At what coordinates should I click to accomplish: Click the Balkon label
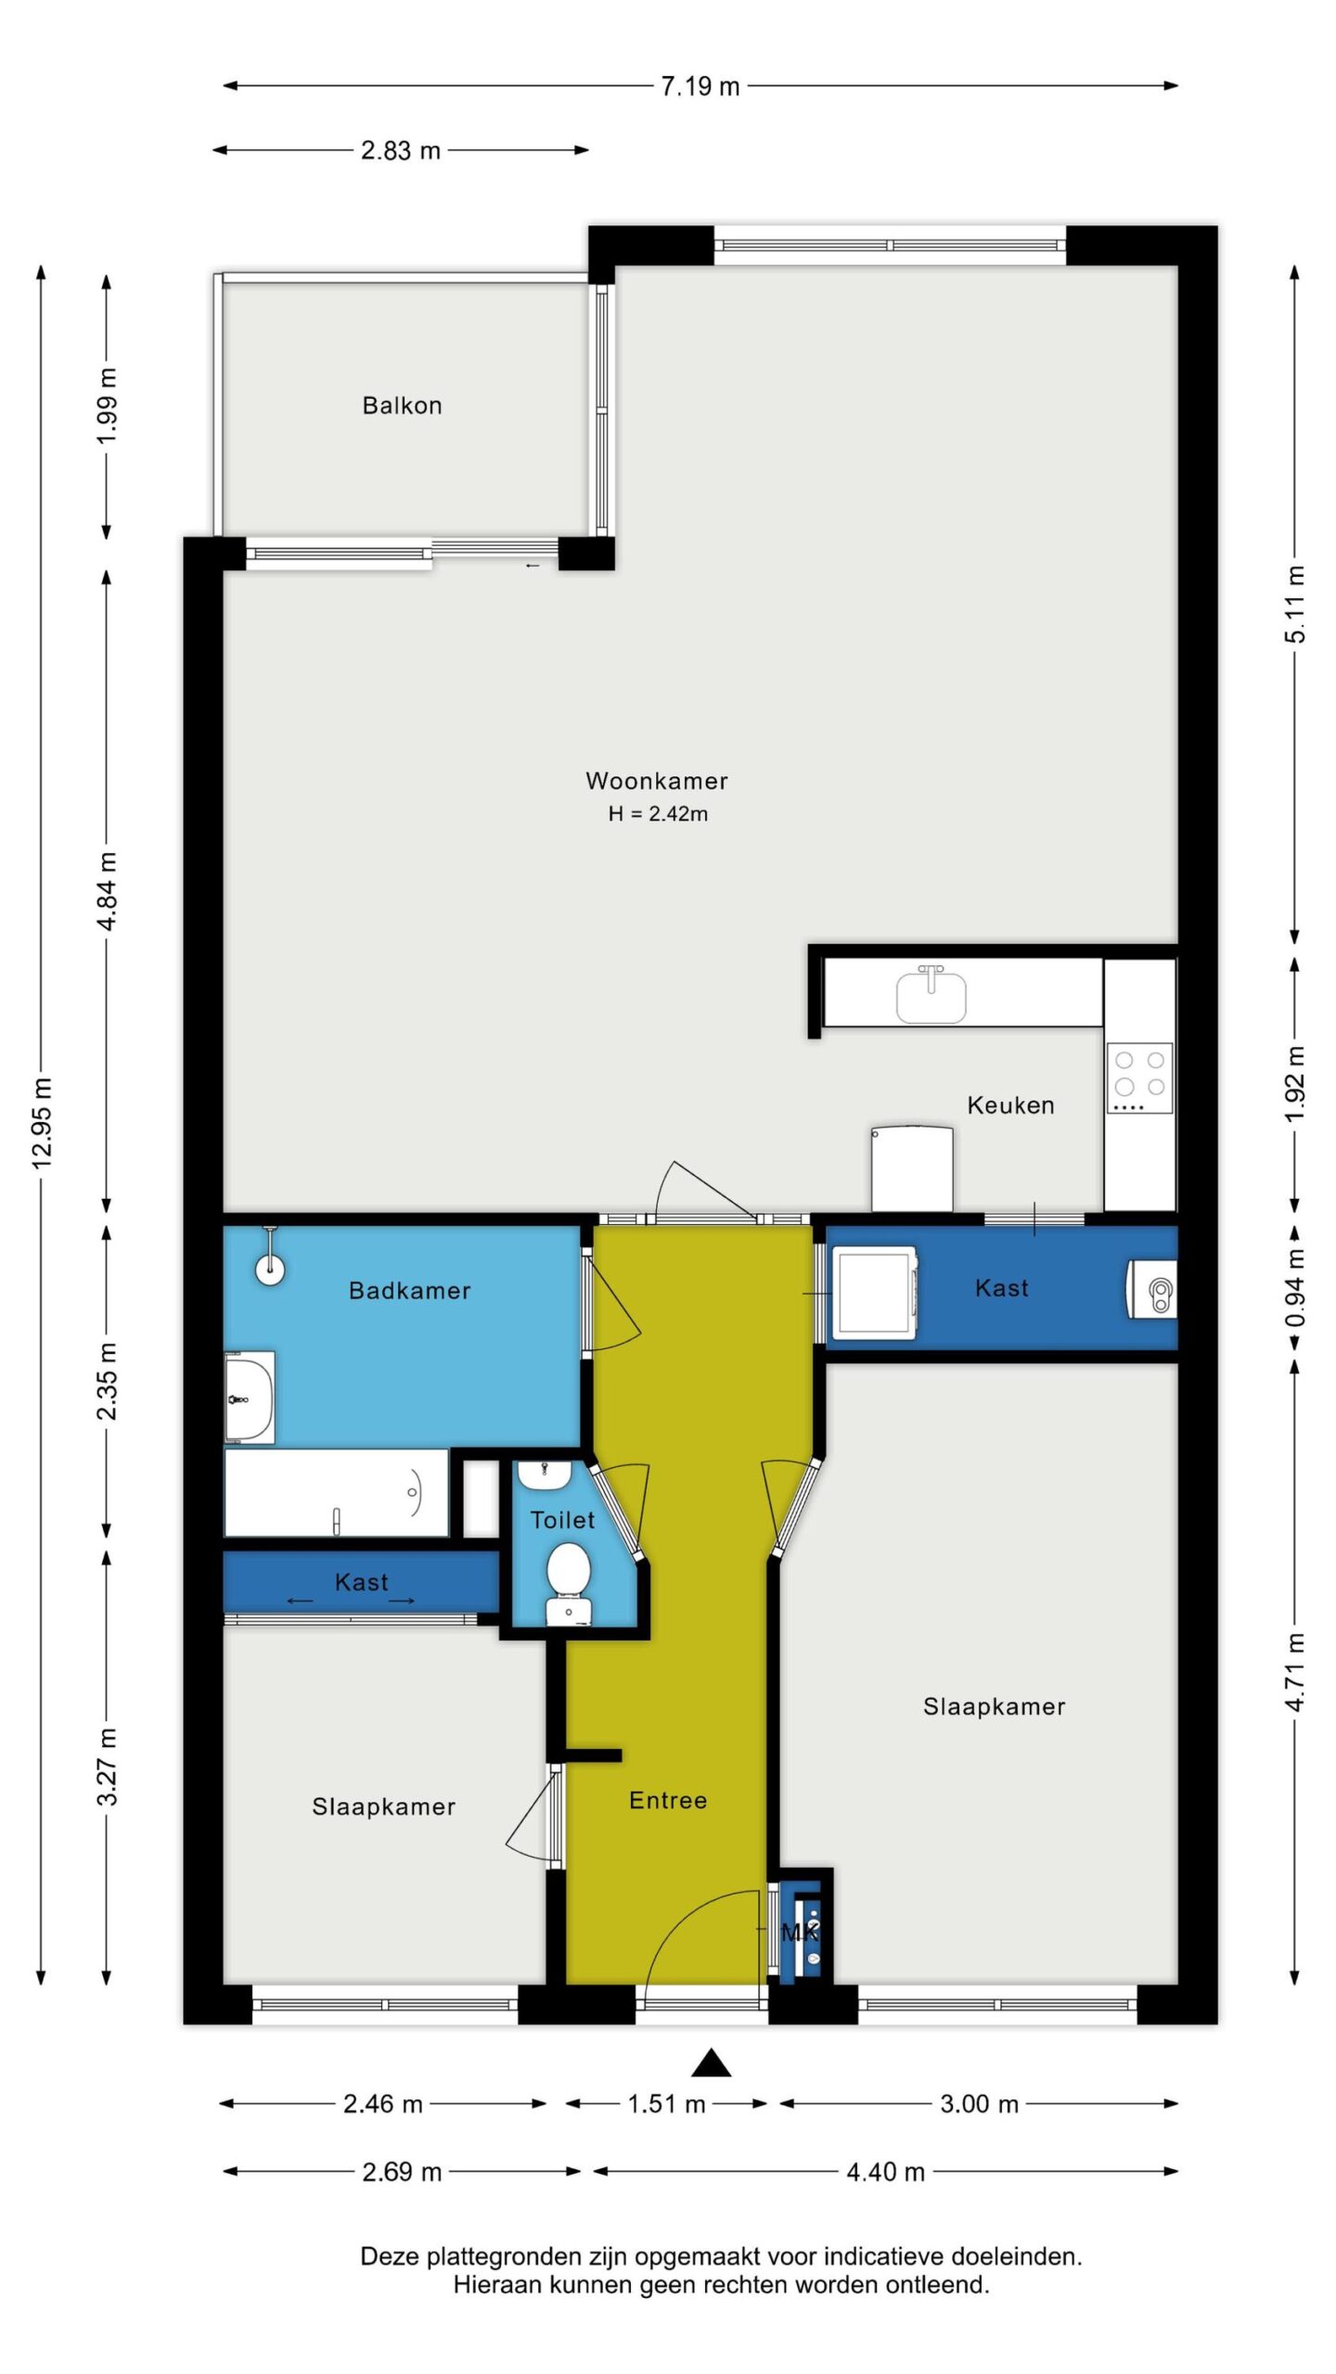(402, 405)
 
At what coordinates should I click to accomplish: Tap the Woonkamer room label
(657, 781)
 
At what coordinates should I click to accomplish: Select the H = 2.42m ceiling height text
(658, 814)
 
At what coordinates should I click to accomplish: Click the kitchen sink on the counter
(931, 993)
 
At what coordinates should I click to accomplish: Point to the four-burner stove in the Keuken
(1139, 1078)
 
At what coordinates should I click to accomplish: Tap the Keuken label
(1010, 1105)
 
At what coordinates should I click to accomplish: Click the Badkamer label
(409, 1291)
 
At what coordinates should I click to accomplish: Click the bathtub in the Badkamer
(337, 1493)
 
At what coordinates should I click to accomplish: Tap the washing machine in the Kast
(874, 1293)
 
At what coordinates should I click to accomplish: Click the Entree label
(668, 1800)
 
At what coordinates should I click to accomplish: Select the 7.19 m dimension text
(700, 86)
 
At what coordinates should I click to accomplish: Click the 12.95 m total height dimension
(42, 1122)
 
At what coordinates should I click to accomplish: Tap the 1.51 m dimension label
(666, 2103)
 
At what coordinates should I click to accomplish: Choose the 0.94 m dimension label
(1295, 1288)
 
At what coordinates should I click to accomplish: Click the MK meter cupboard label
(800, 1932)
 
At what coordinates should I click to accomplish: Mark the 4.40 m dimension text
(886, 2172)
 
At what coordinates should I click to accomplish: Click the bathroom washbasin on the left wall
(250, 1398)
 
